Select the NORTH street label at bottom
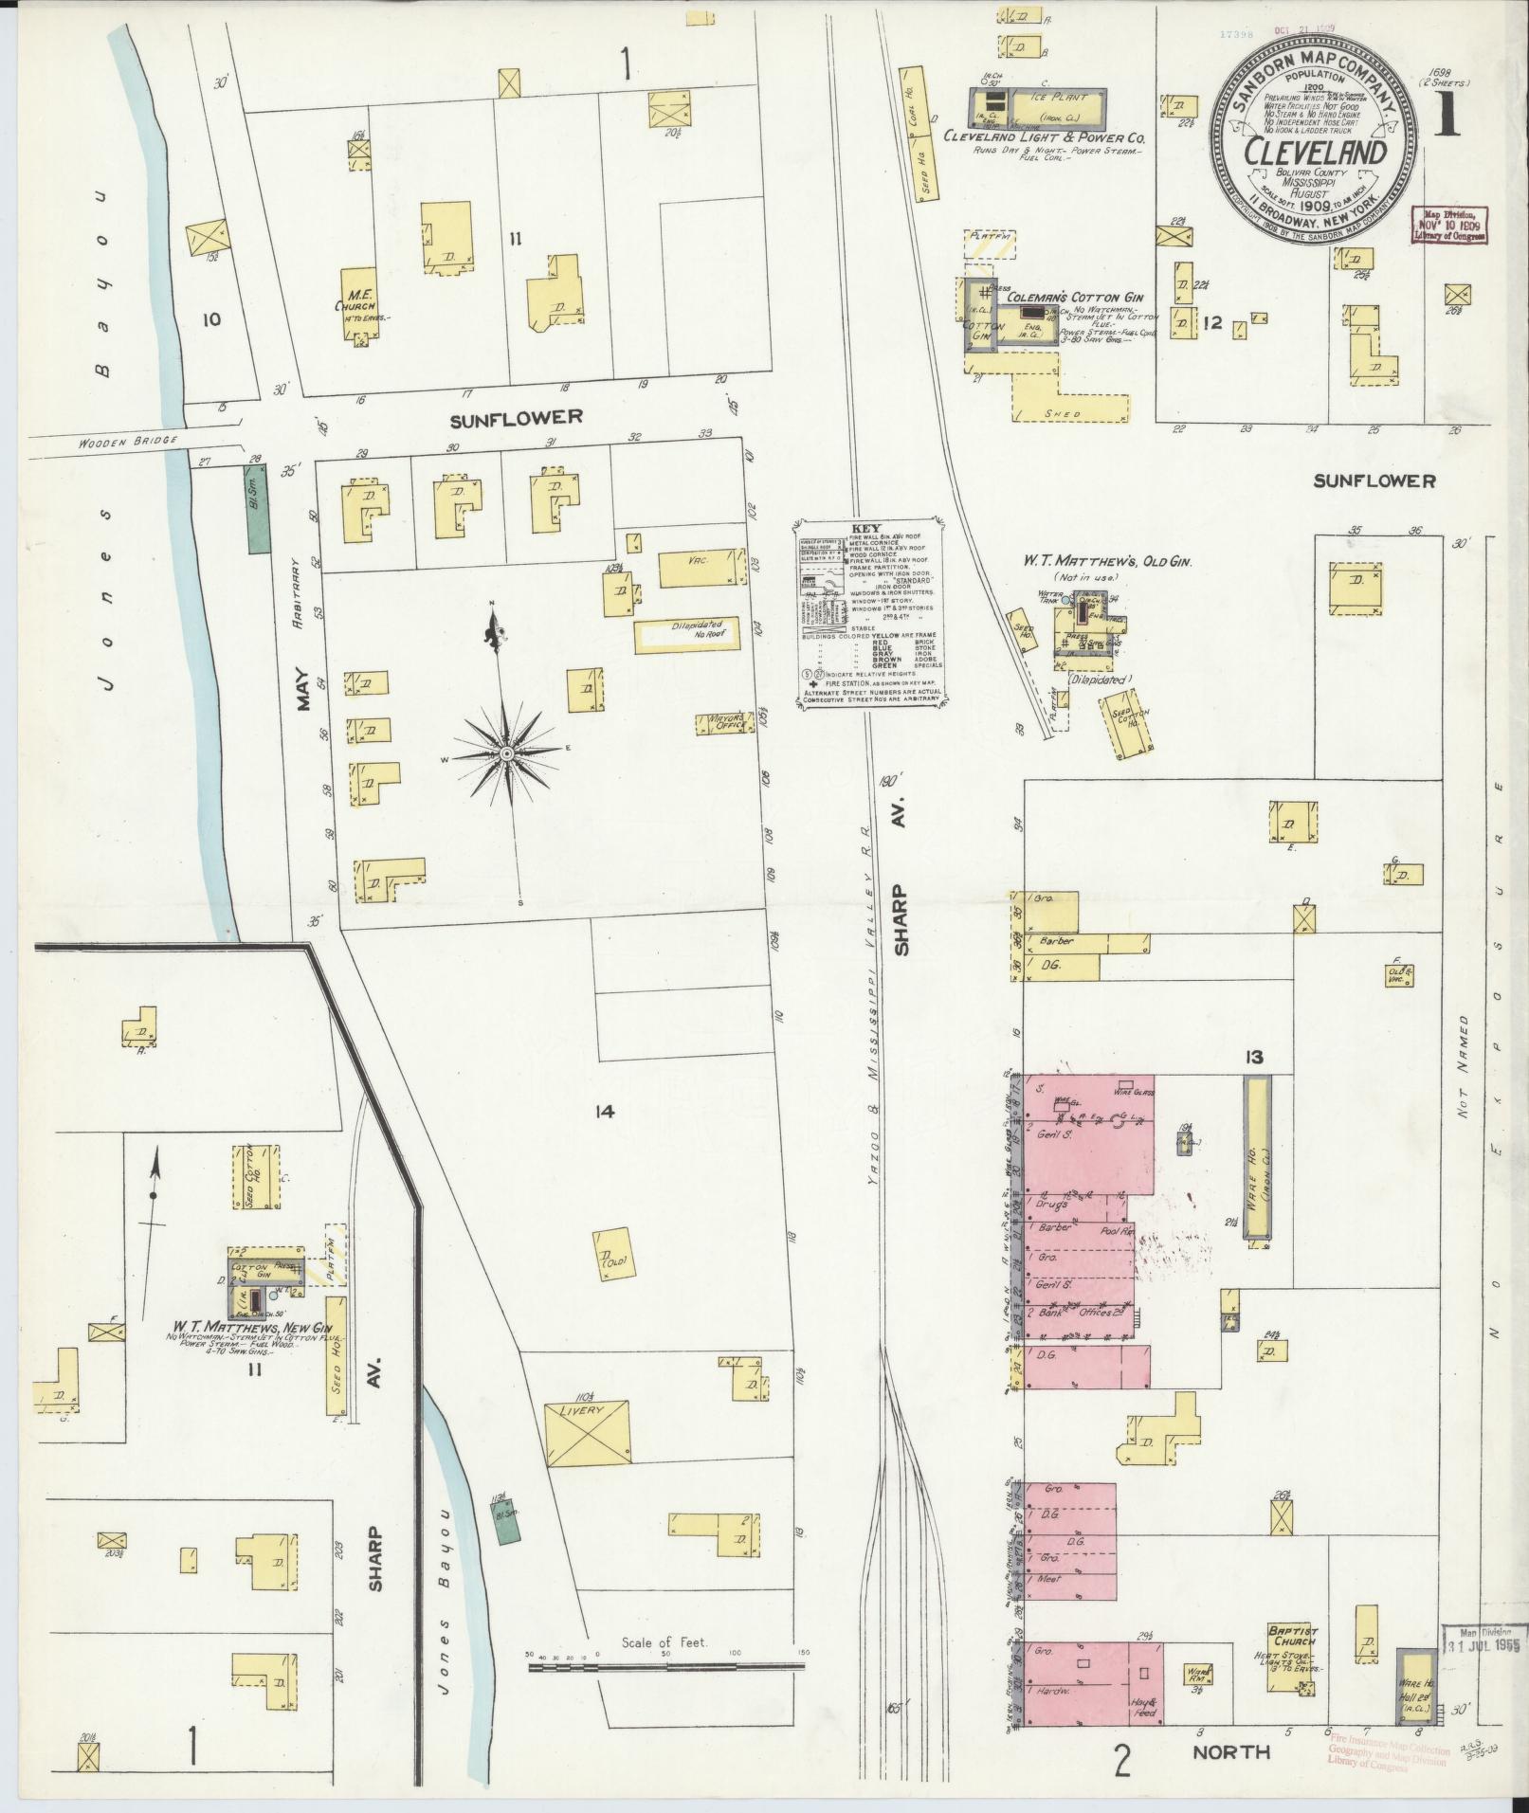(x=1230, y=1726)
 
